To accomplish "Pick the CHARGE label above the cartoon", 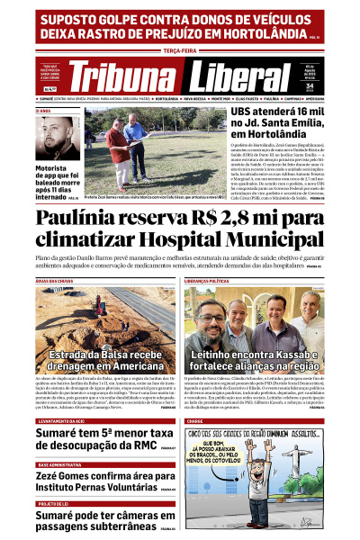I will (195, 421).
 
